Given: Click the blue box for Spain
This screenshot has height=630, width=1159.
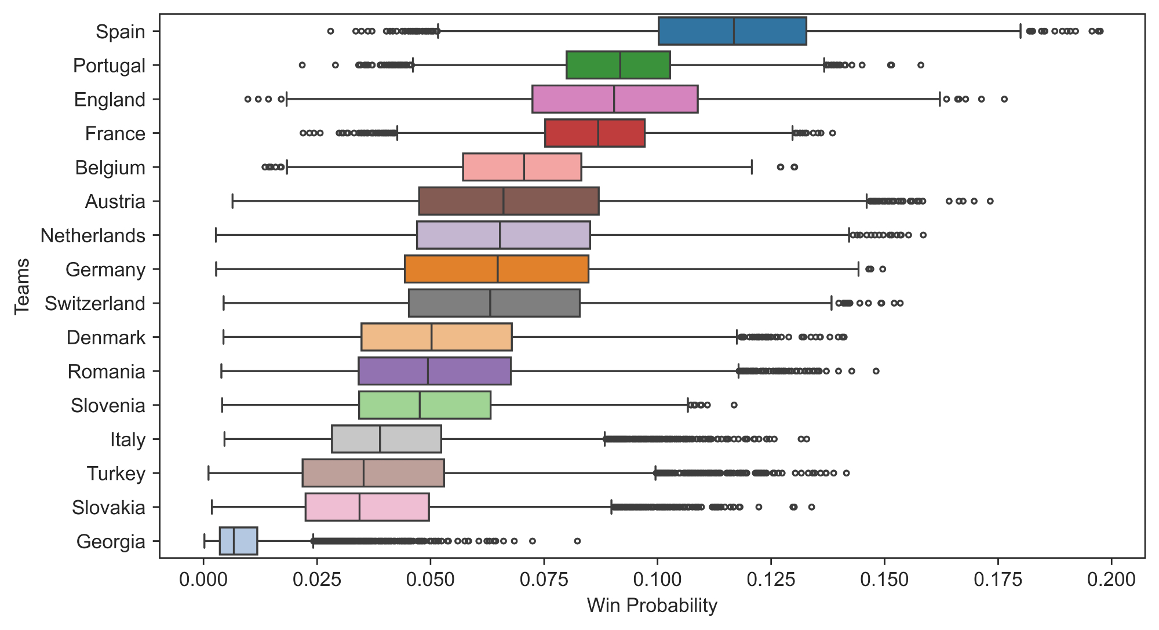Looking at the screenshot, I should [x=732, y=31].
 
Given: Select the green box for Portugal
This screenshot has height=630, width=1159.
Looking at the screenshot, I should [x=618, y=65].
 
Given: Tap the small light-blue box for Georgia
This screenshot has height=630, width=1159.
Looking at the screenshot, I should [x=238, y=541].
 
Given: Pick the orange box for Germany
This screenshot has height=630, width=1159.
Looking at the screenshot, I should [x=497, y=269].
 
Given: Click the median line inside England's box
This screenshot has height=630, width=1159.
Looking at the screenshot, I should [x=614, y=99].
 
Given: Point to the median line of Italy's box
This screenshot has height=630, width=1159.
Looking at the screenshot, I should [x=380, y=439].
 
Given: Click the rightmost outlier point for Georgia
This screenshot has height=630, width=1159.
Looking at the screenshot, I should [x=577, y=541].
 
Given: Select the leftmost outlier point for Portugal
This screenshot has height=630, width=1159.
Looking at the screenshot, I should [x=302, y=65].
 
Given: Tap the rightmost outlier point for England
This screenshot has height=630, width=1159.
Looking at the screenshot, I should [x=1004, y=99].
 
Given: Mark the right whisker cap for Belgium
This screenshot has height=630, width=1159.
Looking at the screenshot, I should [x=752, y=167].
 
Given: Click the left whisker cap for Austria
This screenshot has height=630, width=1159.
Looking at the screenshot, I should [x=232, y=201].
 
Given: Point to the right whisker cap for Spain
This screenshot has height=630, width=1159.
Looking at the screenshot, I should [x=1020, y=31].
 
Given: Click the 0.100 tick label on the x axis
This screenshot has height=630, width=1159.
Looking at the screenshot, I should [x=657, y=580].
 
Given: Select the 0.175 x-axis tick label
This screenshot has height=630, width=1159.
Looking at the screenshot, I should [x=998, y=580].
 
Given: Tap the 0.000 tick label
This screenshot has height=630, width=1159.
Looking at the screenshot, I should [x=203, y=580].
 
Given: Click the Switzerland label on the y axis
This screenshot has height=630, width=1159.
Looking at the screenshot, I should [x=95, y=304].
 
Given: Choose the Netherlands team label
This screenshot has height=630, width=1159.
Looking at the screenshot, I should [x=93, y=236].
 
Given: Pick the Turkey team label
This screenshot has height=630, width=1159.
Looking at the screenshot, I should [x=116, y=474].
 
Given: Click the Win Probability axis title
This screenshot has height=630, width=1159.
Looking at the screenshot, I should [x=652, y=606].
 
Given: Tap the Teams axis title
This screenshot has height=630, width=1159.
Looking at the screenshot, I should [x=23, y=286].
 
